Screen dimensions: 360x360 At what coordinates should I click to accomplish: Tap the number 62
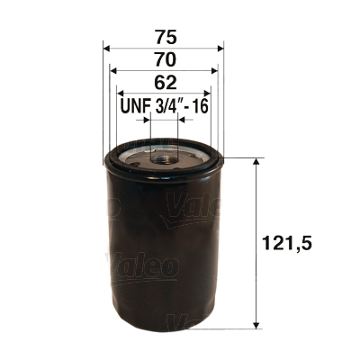coord(164,82)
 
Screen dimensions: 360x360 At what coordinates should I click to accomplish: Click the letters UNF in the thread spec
coord(135,106)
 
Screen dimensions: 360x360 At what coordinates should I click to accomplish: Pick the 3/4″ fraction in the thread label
coord(167,106)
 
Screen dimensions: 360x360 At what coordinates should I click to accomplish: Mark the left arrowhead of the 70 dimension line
coord(112,68)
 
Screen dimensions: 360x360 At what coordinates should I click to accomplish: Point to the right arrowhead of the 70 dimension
coord(215,68)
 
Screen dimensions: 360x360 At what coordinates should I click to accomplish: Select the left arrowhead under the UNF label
coord(146,118)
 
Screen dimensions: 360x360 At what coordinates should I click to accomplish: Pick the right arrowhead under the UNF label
coord(182,118)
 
